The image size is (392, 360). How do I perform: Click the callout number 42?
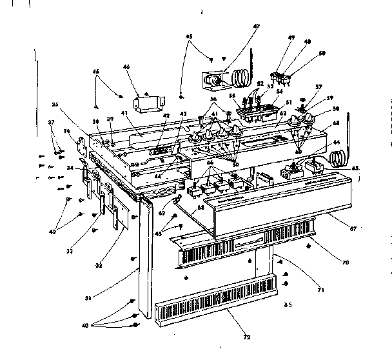click(x=166, y=116)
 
